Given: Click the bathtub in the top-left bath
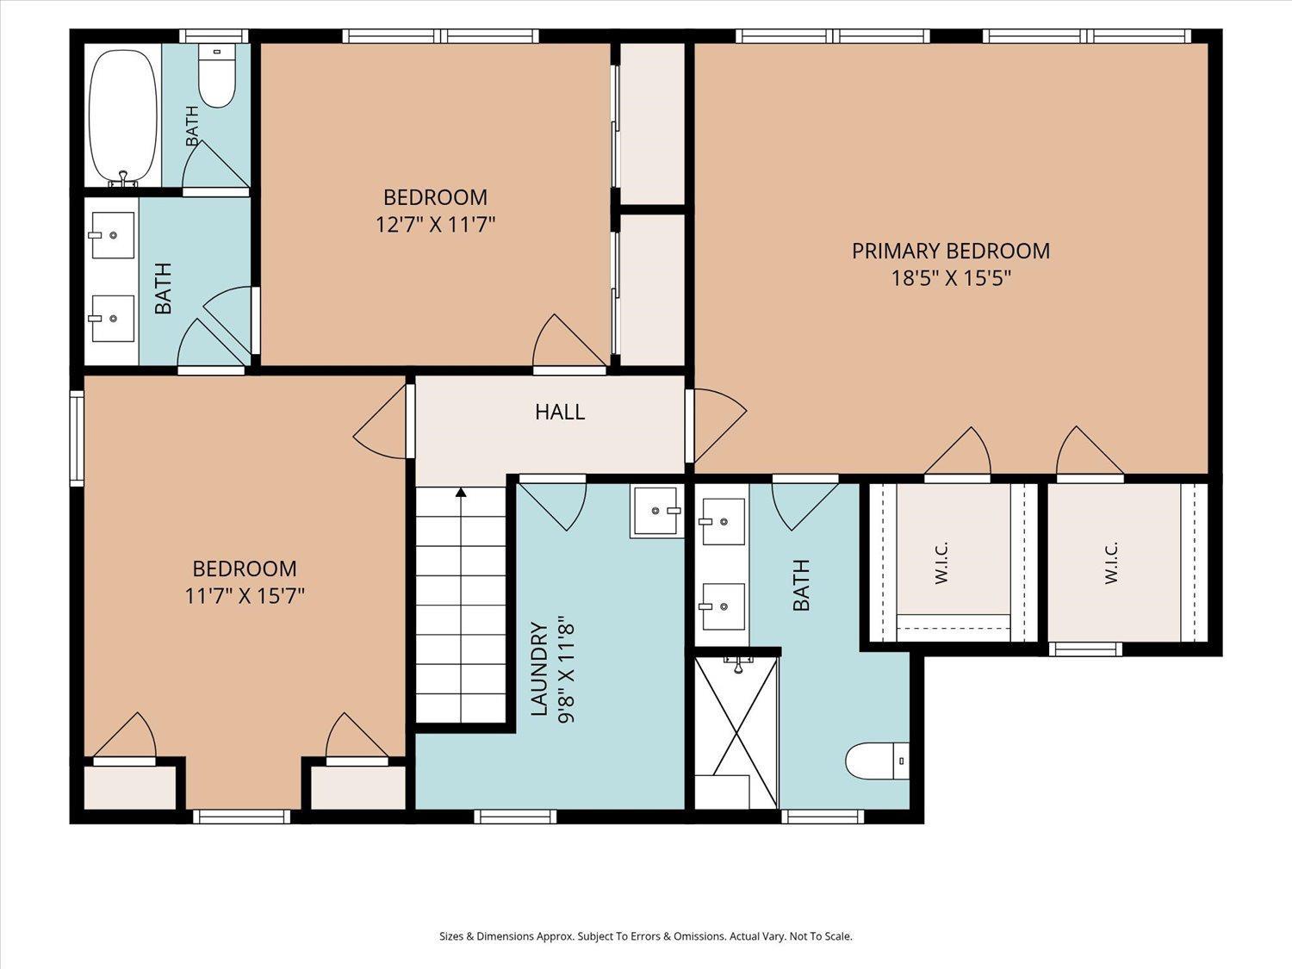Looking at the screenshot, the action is (x=123, y=118).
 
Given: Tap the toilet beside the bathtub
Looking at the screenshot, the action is (x=216, y=76).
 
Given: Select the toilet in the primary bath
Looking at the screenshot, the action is (x=877, y=761).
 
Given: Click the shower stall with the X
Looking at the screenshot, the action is (x=736, y=732).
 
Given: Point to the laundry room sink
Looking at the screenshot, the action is (x=657, y=512).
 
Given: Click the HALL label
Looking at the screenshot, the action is (x=560, y=412).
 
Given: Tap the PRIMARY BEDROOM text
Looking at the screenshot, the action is (x=951, y=252).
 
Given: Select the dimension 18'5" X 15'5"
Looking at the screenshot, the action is (x=951, y=278).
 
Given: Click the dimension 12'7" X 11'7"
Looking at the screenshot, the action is (x=436, y=224).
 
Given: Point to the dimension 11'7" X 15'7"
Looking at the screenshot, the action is (x=245, y=596).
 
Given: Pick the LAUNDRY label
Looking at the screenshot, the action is (x=540, y=668).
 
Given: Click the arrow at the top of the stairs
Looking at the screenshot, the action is (x=461, y=492).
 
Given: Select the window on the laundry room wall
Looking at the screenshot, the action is (x=515, y=817).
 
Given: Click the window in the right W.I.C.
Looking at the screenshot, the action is (x=1085, y=649).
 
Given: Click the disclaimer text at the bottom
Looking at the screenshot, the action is (x=646, y=936).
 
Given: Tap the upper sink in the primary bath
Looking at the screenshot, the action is (x=723, y=521).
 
